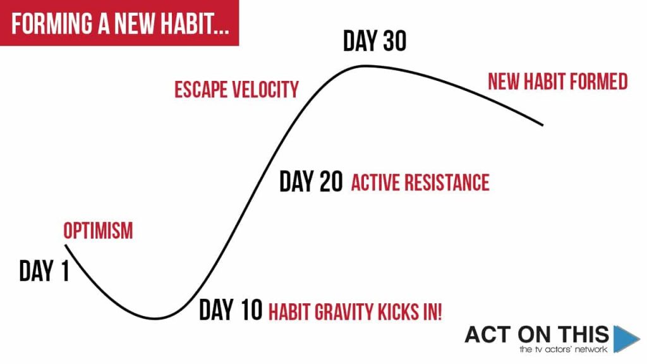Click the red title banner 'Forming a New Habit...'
click(119, 23)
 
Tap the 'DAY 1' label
click(44, 271)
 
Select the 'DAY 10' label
click(231, 310)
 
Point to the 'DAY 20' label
click(311, 181)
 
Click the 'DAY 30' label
click(375, 40)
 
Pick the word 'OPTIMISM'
click(98, 231)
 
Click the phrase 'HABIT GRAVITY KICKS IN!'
click(355, 312)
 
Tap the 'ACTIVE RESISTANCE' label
click(420, 183)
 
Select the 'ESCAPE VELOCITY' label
click(236, 90)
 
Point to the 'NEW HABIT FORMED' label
click(558, 82)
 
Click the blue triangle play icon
click(625, 339)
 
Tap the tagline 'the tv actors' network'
click(563, 349)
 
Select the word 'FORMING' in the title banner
click(52, 23)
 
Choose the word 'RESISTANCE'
click(447, 183)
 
